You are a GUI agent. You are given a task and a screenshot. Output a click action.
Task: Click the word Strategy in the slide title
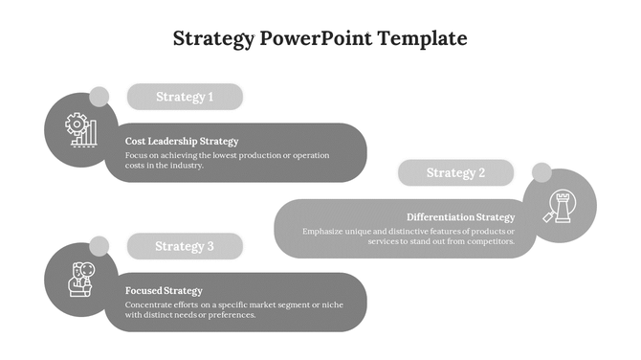click(214, 39)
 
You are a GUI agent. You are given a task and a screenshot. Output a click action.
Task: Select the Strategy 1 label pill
click(185, 97)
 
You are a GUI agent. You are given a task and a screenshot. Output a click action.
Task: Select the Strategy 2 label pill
click(455, 173)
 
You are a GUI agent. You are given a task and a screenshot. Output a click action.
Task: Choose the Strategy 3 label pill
click(185, 246)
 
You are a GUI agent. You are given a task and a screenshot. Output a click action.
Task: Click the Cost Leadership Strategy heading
click(181, 141)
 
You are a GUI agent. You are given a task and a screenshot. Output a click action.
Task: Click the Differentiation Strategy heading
click(460, 217)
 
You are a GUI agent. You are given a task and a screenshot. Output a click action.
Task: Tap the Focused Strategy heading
click(164, 290)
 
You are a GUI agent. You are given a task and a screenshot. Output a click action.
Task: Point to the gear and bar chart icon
click(79, 130)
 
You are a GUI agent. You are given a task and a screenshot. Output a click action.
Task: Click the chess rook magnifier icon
click(560, 206)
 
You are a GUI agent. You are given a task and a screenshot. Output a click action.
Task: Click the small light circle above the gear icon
click(99, 97)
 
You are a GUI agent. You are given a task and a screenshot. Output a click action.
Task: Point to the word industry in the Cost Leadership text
click(187, 166)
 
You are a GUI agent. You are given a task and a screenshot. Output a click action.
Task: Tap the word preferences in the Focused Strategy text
click(230, 315)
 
